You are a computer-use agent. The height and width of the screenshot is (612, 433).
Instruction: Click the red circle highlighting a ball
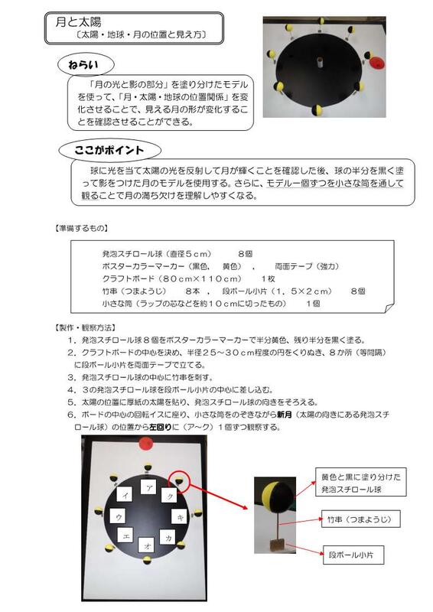click(x=181, y=480)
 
